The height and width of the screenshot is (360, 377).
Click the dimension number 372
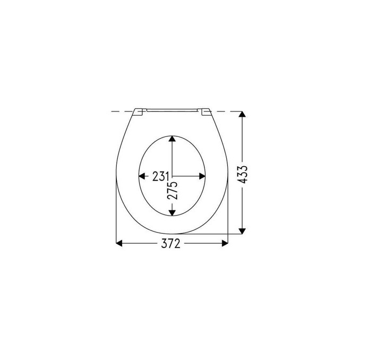[x=170, y=244]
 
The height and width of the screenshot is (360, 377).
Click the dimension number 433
[x=243, y=174]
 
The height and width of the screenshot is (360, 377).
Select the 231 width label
[x=161, y=176]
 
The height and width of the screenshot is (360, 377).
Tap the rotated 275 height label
[x=173, y=190]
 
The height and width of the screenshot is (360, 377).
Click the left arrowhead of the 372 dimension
[x=119, y=243]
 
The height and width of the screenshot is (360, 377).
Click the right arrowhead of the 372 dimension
[x=225, y=243]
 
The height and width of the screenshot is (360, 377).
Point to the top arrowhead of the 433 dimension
[x=242, y=114]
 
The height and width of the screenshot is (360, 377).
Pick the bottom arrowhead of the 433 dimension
[x=242, y=231]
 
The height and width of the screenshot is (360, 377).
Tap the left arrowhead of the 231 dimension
[x=142, y=176]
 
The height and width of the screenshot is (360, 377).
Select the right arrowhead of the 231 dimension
[x=202, y=176]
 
